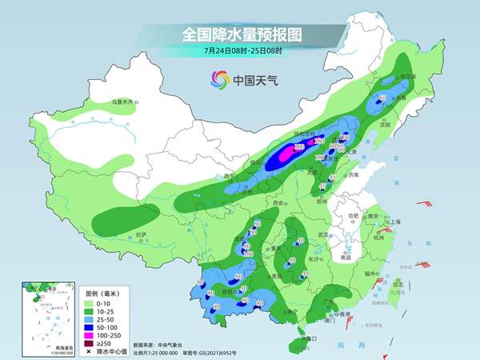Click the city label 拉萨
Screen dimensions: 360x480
[142, 234]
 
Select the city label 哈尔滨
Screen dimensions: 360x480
[410, 77]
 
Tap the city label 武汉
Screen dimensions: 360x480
[323, 234]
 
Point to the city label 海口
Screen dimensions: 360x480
[311, 338]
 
